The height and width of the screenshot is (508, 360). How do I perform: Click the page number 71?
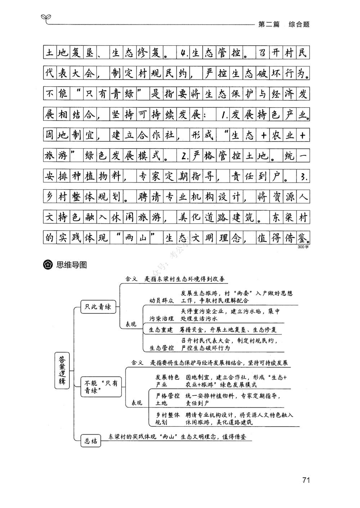click(x=306, y=480)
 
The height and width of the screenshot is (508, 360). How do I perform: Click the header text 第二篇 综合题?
click(x=284, y=24)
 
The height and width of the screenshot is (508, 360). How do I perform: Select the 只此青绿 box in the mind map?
click(x=98, y=307)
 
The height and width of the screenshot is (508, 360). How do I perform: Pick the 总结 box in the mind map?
click(x=91, y=441)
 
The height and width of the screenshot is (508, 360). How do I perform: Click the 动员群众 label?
click(x=162, y=300)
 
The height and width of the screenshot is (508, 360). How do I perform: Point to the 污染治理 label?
click(x=162, y=318)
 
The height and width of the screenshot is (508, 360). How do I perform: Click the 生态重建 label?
click(x=161, y=330)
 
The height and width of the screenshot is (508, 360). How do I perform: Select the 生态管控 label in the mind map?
click(x=162, y=348)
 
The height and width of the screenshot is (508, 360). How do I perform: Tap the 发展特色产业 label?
click(x=167, y=381)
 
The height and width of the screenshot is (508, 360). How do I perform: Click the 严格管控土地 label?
click(x=167, y=399)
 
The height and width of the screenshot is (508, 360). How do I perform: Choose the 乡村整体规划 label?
click(x=167, y=418)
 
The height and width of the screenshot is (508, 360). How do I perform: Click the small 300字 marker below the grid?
click(x=303, y=247)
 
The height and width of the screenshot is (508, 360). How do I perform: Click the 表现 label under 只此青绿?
click(x=131, y=324)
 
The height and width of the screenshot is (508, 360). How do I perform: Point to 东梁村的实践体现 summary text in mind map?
click(x=178, y=436)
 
